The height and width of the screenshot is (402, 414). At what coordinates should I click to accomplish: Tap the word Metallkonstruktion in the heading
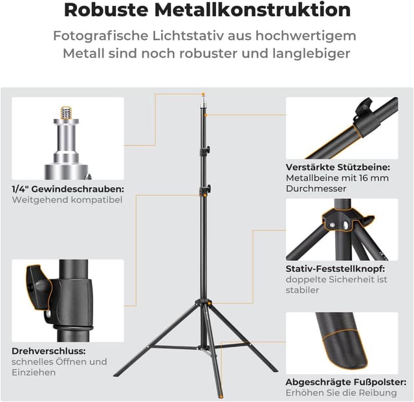(262, 10)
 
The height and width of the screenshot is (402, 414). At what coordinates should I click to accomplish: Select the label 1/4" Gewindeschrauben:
(68, 189)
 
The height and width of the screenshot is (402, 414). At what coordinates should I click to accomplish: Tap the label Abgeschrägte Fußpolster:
(346, 382)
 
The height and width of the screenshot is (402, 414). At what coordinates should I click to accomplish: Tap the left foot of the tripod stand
(116, 374)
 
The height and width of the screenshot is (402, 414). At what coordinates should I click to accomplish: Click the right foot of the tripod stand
(274, 370)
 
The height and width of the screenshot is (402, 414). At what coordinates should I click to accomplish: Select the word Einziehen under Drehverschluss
(34, 372)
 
